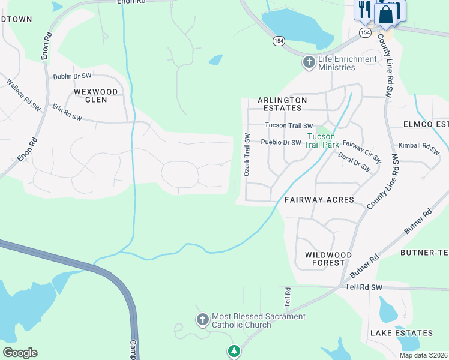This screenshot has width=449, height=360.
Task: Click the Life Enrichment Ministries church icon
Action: click(x=309, y=62)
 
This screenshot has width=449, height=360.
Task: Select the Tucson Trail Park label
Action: click(x=322, y=140)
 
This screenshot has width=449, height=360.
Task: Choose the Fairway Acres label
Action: click(x=319, y=199)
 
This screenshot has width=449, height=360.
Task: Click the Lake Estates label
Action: click(x=401, y=333)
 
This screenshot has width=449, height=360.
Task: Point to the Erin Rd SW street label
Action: click(x=67, y=113)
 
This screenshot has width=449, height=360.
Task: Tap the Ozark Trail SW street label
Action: click(x=246, y=155)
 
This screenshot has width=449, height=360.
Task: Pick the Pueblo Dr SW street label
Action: click(x=280, y=143)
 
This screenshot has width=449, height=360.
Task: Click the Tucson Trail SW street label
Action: click(x=289, y=126)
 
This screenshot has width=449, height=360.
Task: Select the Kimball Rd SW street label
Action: click(x=418, y=146)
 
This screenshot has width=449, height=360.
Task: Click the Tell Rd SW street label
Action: click(x=364, y=288)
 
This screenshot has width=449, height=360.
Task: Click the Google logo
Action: click(x=20, y=353)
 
